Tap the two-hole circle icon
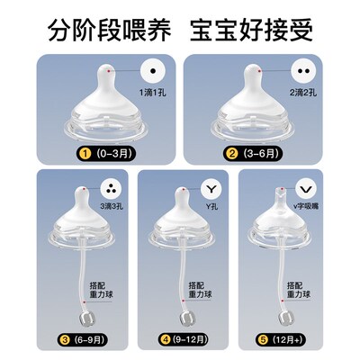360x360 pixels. pos(302,69)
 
